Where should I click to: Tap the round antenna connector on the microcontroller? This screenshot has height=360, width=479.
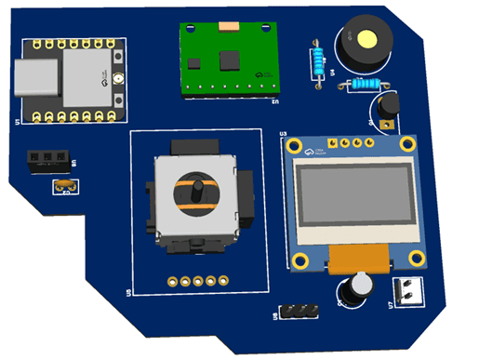pyautogui.click(x=118, y=80)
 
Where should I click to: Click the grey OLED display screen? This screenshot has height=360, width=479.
pyautogui.click(x=353, y=197)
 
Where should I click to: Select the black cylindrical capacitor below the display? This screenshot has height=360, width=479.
pyautogui.click(x=356, y=288)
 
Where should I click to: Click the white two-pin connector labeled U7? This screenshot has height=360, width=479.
pyautogui.click(x=407, y=292)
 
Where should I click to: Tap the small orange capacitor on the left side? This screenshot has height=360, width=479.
pyautogui.click(x=64, y=186)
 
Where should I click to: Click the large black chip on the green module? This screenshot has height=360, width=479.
pyautogui.click(x=230, y=60)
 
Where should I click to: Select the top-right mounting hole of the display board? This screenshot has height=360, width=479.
pyautogui.click(x=406, y=145)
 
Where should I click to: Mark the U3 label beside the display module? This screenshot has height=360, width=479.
pyautogui.click(x=283, y=135)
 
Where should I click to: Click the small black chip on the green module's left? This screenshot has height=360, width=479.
pyautogui.click(x=193, y=63)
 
